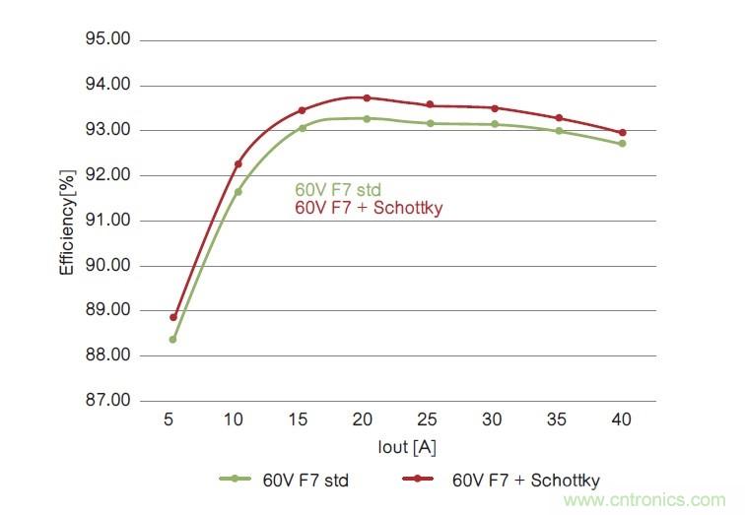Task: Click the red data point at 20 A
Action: coord(367,97)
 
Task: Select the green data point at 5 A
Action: coord(173,340)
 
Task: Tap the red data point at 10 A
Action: coord(238,163)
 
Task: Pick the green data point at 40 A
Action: coord(622,144)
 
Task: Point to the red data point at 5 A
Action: coord(173,317)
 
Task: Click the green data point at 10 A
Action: coord(238,191)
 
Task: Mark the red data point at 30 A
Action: coord(494,108)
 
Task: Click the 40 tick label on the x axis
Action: coord(622,419)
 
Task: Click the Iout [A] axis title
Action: coord(407,447)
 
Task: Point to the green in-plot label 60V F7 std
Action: coord(338,190)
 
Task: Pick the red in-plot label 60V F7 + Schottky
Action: coord(369,208)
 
